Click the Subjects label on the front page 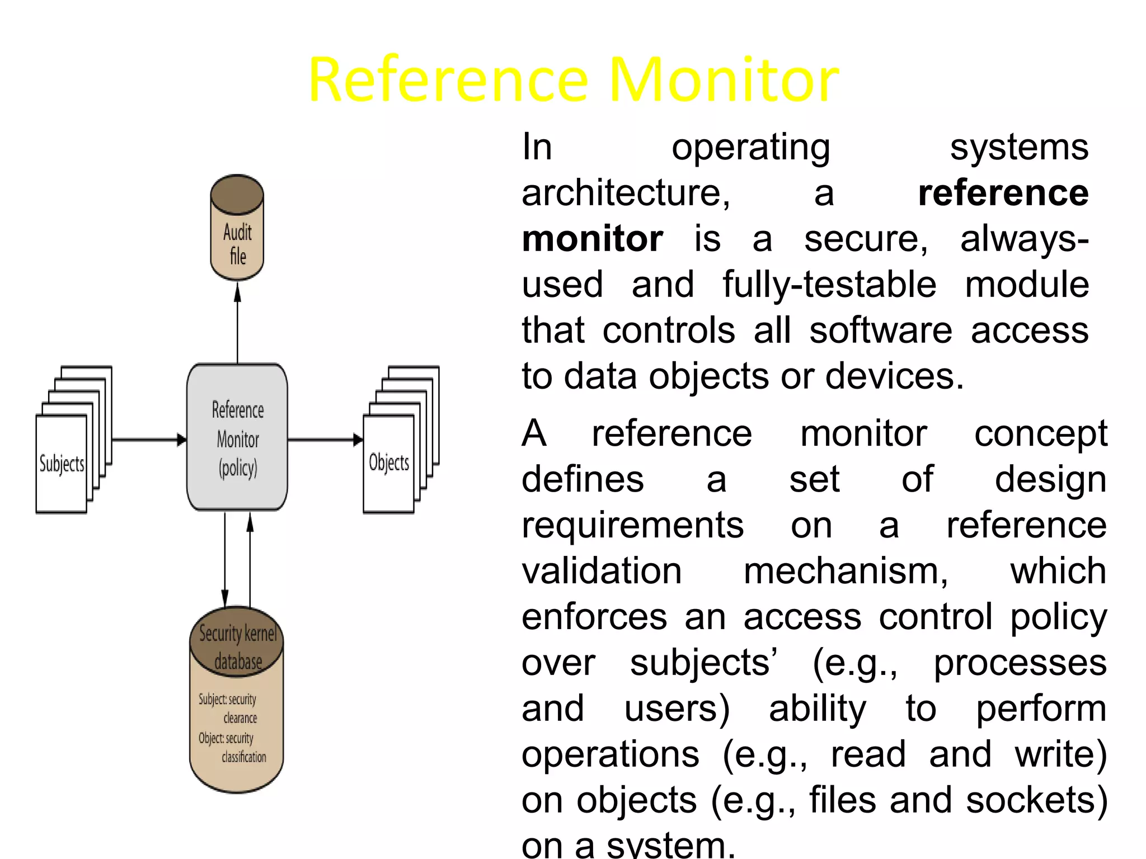point(62,464)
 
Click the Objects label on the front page point(389,462)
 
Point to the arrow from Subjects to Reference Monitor point(149,440)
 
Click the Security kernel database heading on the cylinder point(238,646)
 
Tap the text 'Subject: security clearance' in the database point(228,709)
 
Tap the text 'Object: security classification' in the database point(232,747)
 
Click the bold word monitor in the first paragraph point(592,239)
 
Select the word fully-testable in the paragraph point(829,285)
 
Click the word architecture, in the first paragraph point(626,193)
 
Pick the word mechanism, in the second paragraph point(846,572)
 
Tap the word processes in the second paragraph point(1020,663)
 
